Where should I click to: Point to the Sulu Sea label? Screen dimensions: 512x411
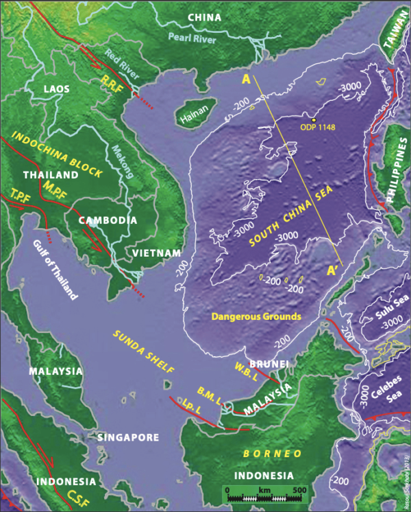382,320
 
